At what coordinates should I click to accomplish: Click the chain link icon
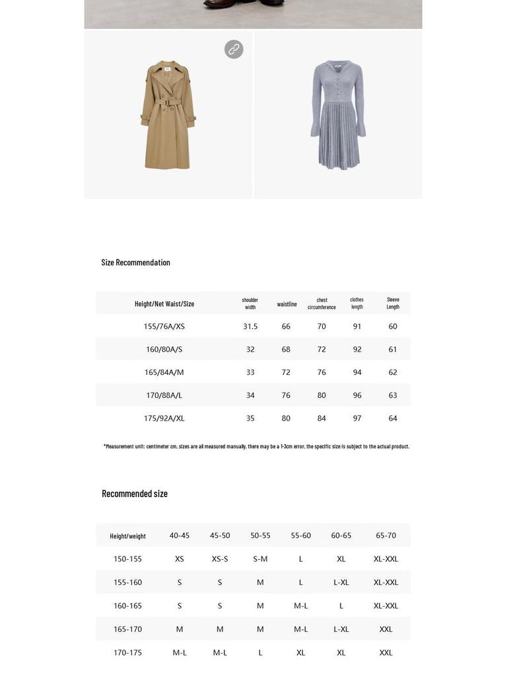pos(234,50)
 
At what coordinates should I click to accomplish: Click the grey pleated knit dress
pos(338,115)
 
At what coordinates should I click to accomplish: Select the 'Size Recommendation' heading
pos(136,263)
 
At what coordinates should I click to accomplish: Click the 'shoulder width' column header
pos(250,303)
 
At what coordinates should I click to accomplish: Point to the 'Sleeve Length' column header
pos(393,303)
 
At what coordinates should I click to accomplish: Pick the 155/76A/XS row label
pos(164,326)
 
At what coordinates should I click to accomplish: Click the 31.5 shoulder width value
pos(250,326)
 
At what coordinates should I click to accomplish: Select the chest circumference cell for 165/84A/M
pos(321,372)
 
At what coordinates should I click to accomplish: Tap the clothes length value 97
pos(357,419)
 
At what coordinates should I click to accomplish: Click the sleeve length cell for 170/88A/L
pos(393,395)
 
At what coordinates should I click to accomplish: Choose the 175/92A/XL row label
pos(164,419)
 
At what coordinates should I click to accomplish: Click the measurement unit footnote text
pos(256,446)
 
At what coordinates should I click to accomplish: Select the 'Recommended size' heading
pos(135,494)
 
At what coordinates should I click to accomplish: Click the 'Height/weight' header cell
pos(127,536)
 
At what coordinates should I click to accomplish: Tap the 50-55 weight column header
pos(260,535)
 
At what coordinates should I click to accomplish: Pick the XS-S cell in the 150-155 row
pos(220,559)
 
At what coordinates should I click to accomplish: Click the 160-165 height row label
pos(127,606)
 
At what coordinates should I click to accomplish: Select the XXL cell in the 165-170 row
pos(386,629)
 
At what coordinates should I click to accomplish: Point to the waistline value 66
pos(286,326)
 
